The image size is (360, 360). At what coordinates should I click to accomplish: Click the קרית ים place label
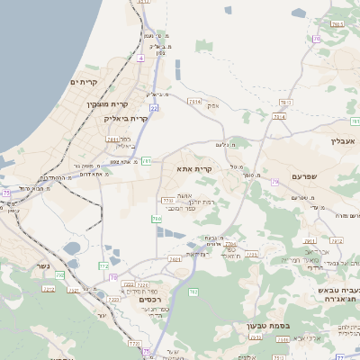click(x=84, y=82)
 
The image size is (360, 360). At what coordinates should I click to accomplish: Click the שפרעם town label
click(x=307, y=177)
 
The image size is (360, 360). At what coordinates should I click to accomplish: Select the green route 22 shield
click(x=155, y=108)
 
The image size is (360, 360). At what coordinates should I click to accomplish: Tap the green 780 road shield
click(x=157, y=219)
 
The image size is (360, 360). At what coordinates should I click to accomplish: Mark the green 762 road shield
click(x=61, y=275)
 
